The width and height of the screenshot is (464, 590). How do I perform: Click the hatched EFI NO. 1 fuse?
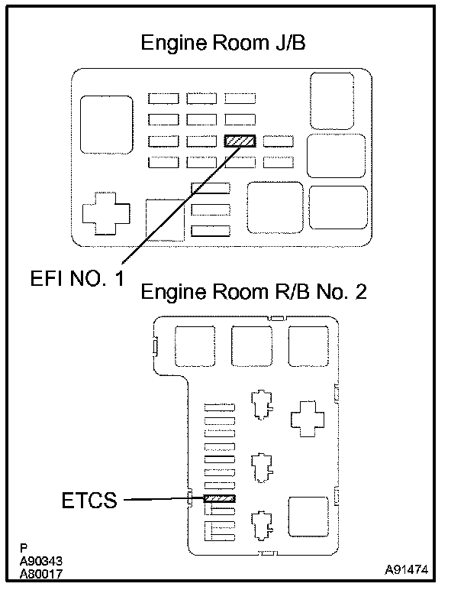pyautogui.click(x=240, y=141)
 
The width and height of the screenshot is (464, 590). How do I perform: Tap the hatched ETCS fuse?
pyautogui.click(x=220, y=499)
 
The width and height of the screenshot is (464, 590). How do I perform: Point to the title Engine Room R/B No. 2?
pyautogui.click(x=254, y=292)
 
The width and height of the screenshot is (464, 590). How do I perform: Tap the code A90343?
pyautogui.click(x=41, y=560)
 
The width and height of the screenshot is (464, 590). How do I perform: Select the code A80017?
pyautogui.click(x=41, y=572)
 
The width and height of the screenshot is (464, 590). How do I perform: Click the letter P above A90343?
pyautogui.click(x=24, y=548)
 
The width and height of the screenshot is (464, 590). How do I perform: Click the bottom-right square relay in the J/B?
pyautogui.click(x=338, y=206)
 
